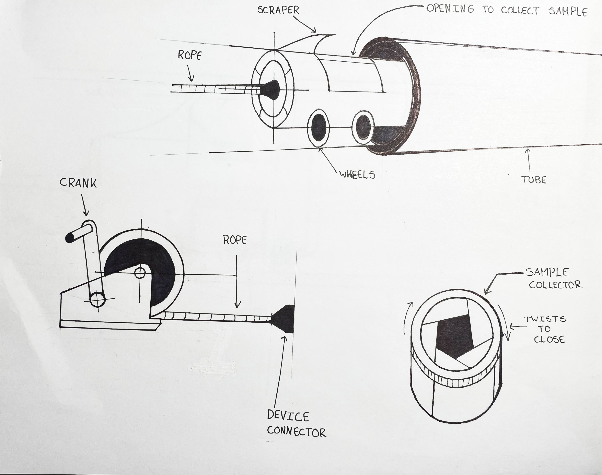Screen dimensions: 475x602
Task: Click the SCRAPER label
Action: [278, 10]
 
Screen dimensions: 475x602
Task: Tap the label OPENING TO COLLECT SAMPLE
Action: [506, 10]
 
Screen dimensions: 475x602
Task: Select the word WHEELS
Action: [357, 175]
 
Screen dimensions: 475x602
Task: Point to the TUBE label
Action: [534, 180]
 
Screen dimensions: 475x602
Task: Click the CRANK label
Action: [78, 183]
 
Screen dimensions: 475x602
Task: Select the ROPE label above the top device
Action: [189, 56]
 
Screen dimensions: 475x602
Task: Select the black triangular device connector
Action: [285, 319]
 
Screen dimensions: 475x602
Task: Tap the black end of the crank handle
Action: [69, 237]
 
